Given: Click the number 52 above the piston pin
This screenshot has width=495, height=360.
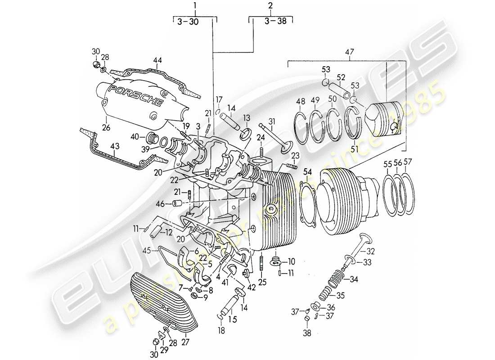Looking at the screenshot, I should coord(341,77).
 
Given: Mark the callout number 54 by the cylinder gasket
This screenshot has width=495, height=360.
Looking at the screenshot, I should coord(307,171).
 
